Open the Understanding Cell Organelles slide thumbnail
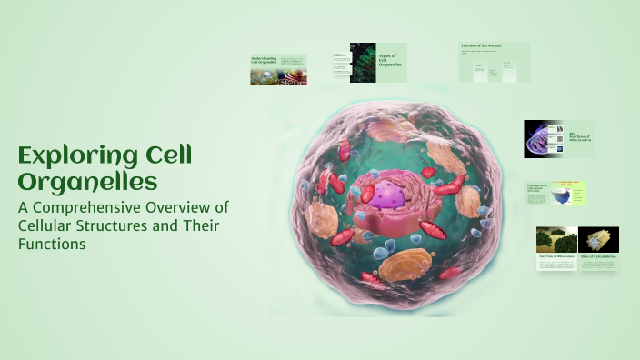coord(278,69)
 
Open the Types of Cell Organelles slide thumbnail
coord(378,63)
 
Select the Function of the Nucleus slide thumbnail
coord(494,62)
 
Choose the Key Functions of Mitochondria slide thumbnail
coord(558,139)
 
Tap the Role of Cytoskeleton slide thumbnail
coord(598,250)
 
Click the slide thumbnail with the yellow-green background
coord(555,194)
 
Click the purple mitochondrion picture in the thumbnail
coord(542,139)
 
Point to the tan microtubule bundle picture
coord(598,238)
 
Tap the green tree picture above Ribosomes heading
coord(555,239)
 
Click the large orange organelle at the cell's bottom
coord(405,265)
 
